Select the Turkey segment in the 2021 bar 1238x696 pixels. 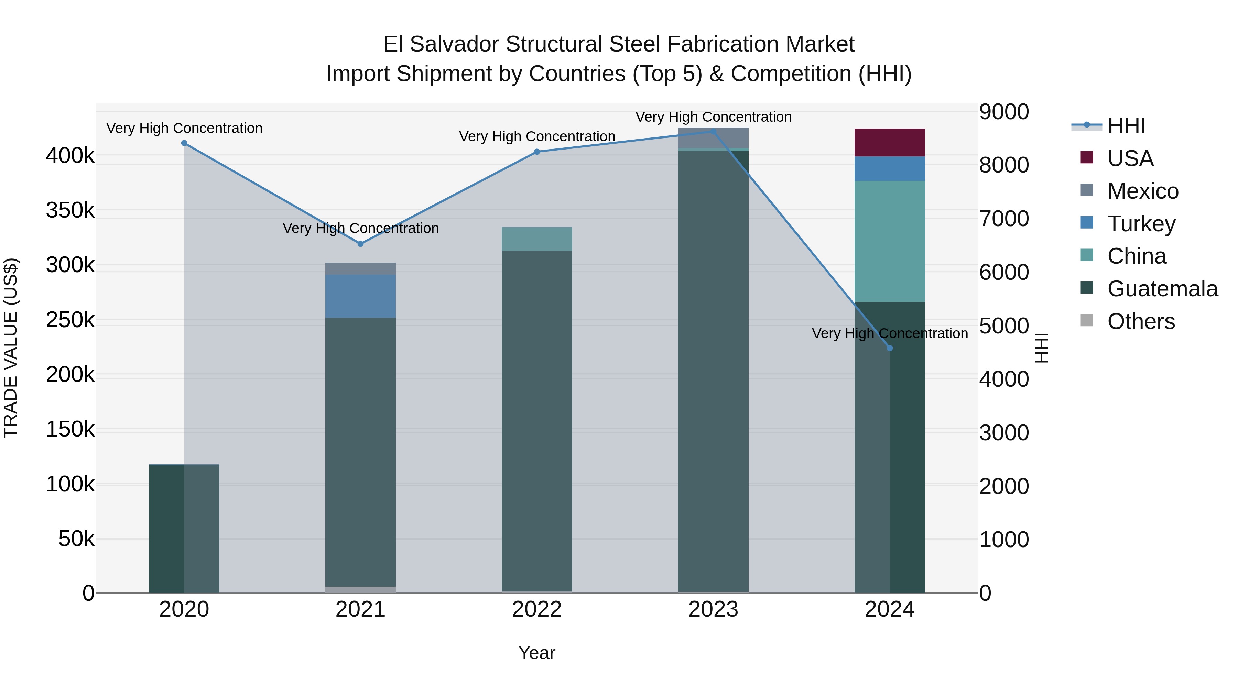(x=360, y=296)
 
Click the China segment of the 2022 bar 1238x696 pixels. (x=537, y=239)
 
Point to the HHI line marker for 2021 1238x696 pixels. (x=360, y=244)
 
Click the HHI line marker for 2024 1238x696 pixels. (x=890, y=348)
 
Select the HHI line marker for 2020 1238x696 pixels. (x=184, y=143)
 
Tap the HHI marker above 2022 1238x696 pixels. (x=537, y=152)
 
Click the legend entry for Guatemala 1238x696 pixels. (x=1162, y=289)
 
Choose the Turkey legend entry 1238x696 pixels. (x=1141, y=224)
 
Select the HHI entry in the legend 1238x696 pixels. (x=1126, y=126)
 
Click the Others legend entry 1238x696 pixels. (x=1140, y=321)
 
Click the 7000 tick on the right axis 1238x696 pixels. (x=1004, y=219)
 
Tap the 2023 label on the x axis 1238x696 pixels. (x=713, y=609)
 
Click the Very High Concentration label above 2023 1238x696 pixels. (x=713, y=117)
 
